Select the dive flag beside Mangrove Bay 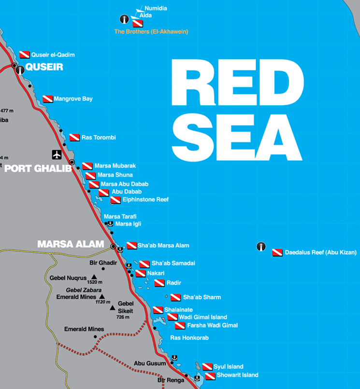pos(47,99)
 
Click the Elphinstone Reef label pos(145,199)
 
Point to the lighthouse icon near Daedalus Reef pos(261,247)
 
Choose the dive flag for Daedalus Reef pos(277,252)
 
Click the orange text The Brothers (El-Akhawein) pos(151,32)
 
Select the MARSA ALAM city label pos(71,245)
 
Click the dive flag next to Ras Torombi pos(74,138)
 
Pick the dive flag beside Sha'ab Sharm pos(175,297)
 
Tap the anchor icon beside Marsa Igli pos(110,224)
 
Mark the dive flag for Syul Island pos(207,367)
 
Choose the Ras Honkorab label pos(189,338)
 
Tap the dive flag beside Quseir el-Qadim pos(25,55)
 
